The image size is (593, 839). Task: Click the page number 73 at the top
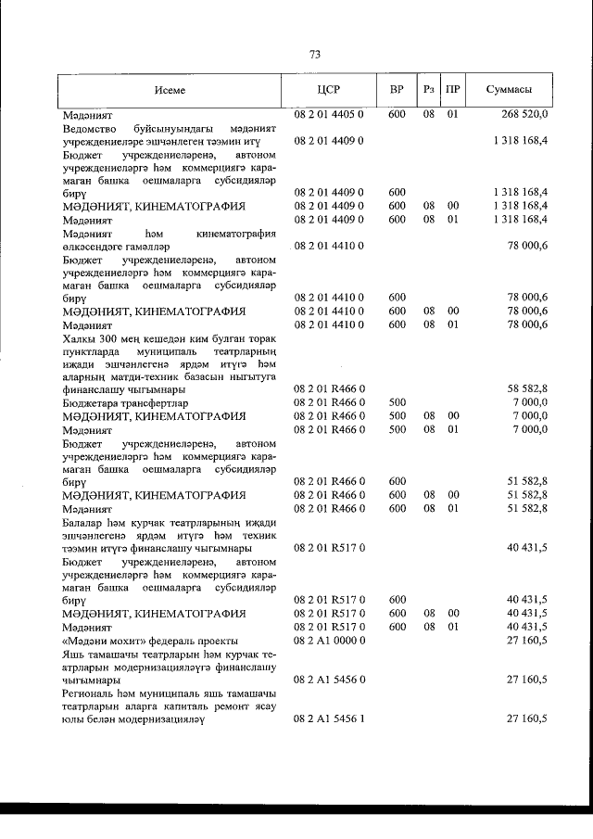click(314, 55)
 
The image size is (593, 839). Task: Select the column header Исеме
click(170, 89)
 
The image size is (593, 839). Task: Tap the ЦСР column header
click(329, 89)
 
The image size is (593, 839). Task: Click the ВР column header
click(397, 89)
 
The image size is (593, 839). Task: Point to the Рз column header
click(428, 89)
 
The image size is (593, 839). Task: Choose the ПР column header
click(452, 89)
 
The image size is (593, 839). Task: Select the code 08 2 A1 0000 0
click(329, 641)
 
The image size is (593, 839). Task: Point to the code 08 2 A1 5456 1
click(329, 719)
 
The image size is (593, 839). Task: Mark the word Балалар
click(84, 523)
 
